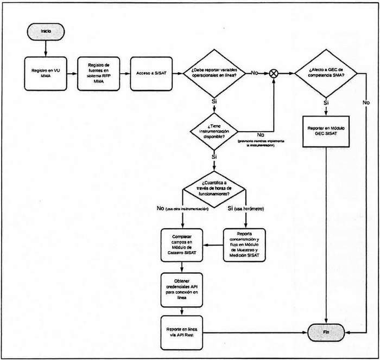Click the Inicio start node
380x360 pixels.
coord(46,31)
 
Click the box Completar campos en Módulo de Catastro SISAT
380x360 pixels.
coord(182,245)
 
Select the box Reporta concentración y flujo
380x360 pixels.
coord(246,245)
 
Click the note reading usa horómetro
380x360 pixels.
coord(250,209)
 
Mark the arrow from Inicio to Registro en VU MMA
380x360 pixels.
coord(46,47)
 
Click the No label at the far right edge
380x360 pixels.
coord(366,102)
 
